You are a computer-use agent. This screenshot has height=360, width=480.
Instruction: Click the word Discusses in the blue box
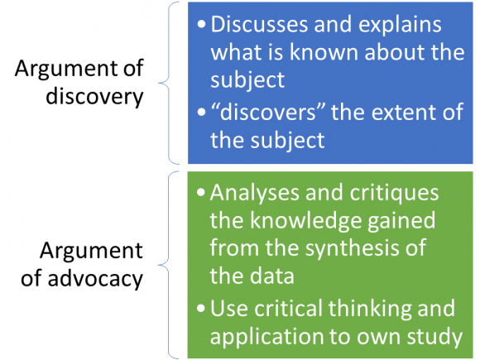(259, 24)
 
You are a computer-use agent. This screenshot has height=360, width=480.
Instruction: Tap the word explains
(400, 25)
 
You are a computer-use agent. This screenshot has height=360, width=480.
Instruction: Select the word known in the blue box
(324, 52)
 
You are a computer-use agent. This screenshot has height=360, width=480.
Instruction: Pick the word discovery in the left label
(94, 96)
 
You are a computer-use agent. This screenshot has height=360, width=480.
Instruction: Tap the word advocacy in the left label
(95, 278)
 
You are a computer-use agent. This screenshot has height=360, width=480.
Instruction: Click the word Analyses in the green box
(254, 194)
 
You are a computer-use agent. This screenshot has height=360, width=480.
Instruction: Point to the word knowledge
(306, 221)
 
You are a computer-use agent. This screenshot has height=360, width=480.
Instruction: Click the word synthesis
(351, 248)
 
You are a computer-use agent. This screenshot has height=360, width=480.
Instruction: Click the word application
(266, 338)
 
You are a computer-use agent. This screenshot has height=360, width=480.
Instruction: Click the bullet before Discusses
(201, 24)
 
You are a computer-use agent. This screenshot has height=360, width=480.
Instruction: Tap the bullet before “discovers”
(201, 112)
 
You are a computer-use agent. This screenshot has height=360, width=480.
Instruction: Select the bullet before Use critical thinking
(201, 308)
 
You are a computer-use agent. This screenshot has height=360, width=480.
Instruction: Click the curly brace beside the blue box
(169, 83)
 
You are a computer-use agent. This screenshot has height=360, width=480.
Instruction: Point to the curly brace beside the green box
(169, 265)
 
